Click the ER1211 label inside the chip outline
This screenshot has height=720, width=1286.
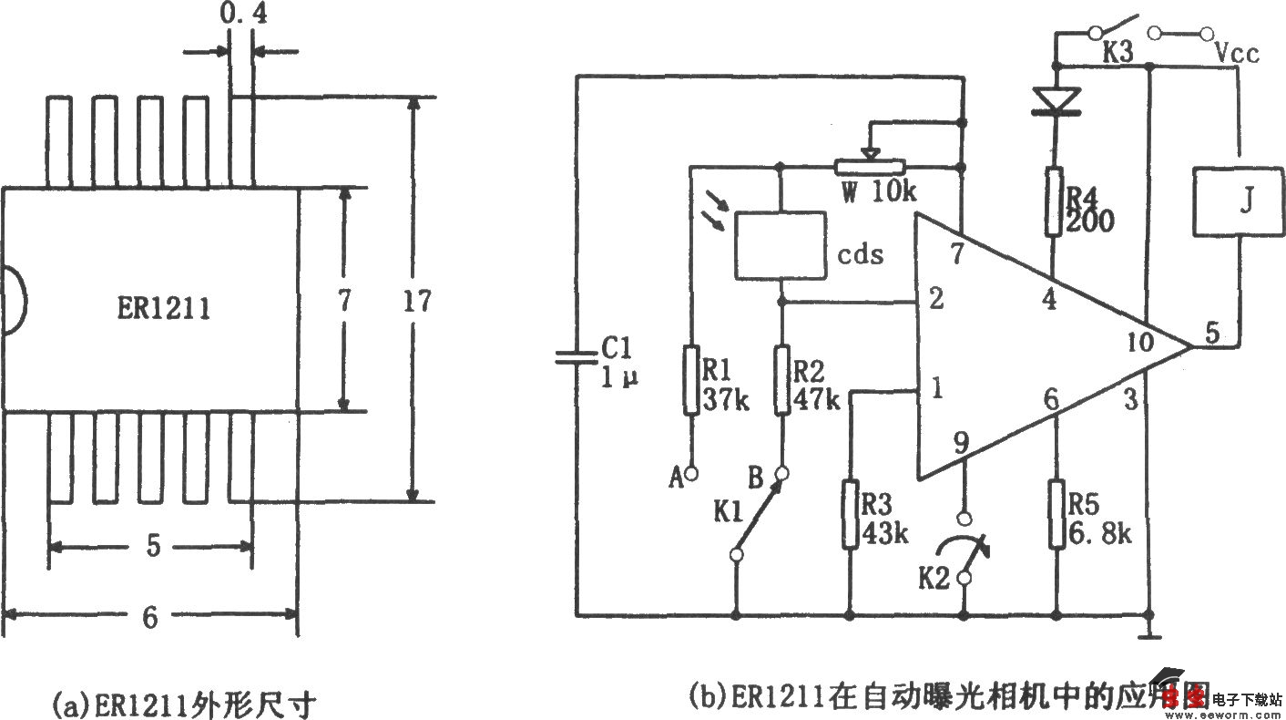click(x=165, y=308)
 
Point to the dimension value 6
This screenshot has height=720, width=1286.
click(x=150, y=618)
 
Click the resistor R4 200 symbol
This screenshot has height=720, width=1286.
click(x=1054, y=201)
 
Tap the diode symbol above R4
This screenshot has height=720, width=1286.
click(x=1054, y=99)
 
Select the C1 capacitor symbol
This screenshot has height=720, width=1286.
click(x=577, y=359)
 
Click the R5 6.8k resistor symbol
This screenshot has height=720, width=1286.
click(x=1056, y=514)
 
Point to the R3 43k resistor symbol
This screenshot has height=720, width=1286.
click(x=849, y=516)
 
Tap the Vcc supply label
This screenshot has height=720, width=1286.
click(x=1237, y=54)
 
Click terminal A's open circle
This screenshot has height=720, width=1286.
click(x=691, y=473)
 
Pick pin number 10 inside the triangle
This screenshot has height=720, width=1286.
click(x=1138, y=342)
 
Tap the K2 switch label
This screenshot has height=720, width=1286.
click(x=934, y=578)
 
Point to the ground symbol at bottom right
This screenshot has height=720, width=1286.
click(x=1151, y=632)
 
